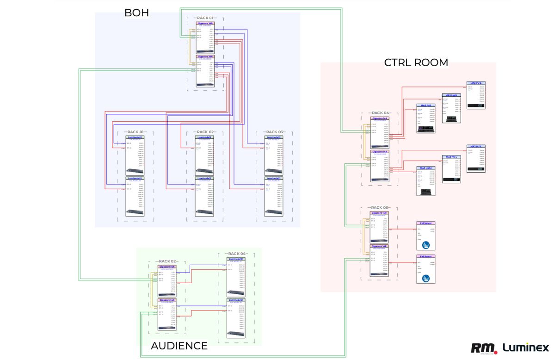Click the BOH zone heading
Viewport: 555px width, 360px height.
point(136,13)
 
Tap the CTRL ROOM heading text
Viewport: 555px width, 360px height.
point(416,62)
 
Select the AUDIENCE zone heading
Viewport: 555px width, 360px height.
point(179,346)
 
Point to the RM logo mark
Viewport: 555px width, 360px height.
point(483,348)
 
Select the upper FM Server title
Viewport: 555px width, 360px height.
point(426,223)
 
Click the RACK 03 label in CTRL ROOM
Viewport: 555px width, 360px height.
point(381,208)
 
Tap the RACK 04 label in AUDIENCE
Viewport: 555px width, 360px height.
point(237,254)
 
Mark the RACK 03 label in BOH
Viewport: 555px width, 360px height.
point(274,132)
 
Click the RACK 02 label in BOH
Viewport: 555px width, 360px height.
point(205,132)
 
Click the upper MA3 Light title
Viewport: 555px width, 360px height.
point(451,95)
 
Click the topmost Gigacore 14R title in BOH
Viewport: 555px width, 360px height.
point(205,23)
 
